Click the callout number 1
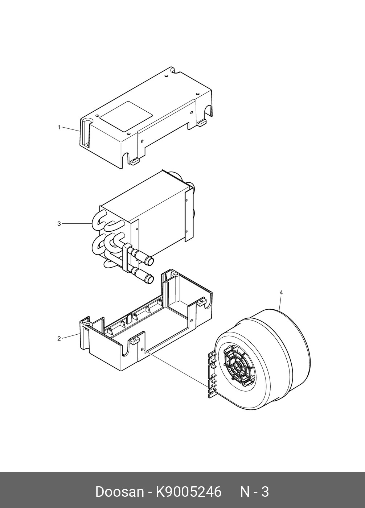pos(59,127)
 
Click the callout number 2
pos(59,339)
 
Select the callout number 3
pos(59,224)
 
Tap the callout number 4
pos(281,292)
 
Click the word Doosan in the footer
pos(119,492)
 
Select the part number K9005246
pos(188,492)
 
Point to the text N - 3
pos(255,492)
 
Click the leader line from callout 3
pos(76,224)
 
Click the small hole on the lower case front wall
pos(144,350)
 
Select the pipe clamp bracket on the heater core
pos(127,258)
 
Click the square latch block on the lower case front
pos(135,341)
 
